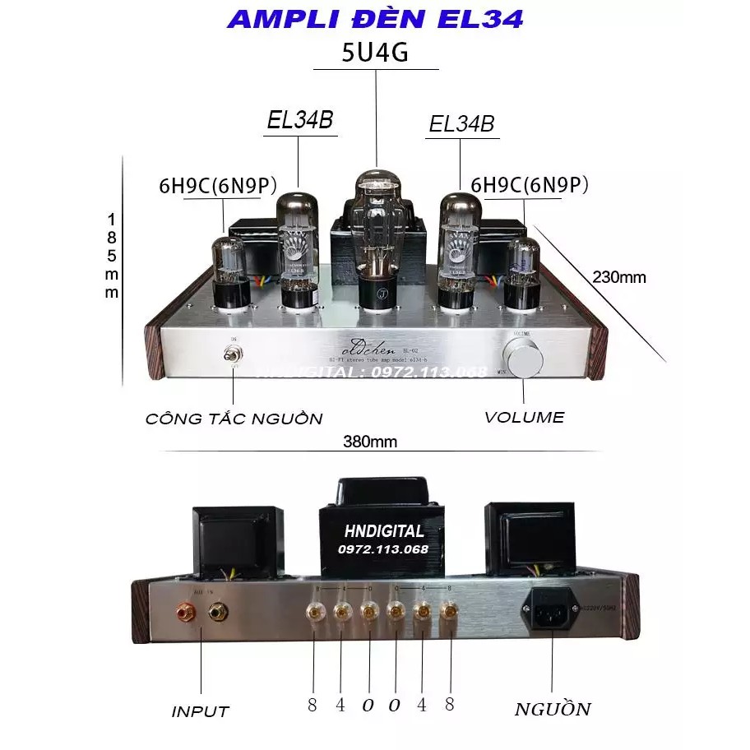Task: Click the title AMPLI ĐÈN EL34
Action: click(374, 19)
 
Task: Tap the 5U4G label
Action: click(375, 53)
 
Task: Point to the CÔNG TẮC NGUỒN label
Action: click(234, 418)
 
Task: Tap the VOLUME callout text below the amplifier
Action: click(524, 417)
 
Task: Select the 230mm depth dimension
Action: click(619, 277)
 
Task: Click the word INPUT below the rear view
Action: click(200, 711)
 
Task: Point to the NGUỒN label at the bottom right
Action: click(552, 709)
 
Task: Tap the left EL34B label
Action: click(300, 120)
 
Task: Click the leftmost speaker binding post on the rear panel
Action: click(314, 612)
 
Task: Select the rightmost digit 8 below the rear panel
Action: click(449, 705)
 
